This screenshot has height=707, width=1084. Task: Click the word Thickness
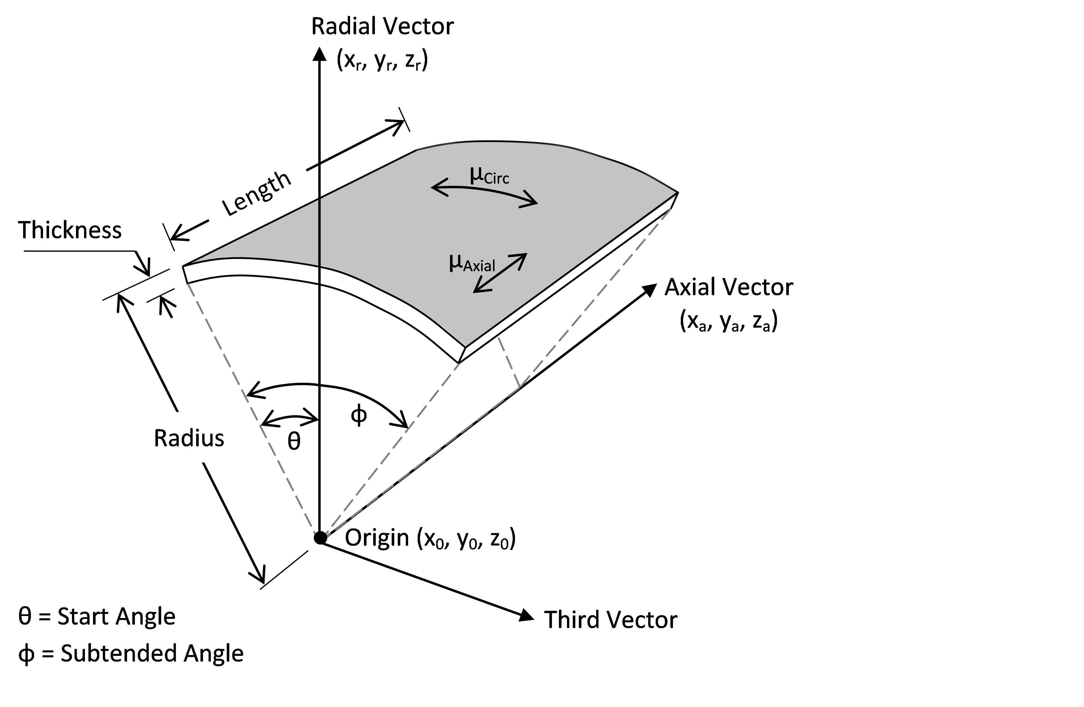pos(70,230)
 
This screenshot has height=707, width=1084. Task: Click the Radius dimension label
pos(189,438)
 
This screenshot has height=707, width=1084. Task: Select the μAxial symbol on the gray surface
pos(471,263)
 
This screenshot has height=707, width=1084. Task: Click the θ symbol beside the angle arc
pos(294,441)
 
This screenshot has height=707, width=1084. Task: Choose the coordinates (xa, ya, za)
pos(728,322)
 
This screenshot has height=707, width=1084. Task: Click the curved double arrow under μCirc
pos(484,194)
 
